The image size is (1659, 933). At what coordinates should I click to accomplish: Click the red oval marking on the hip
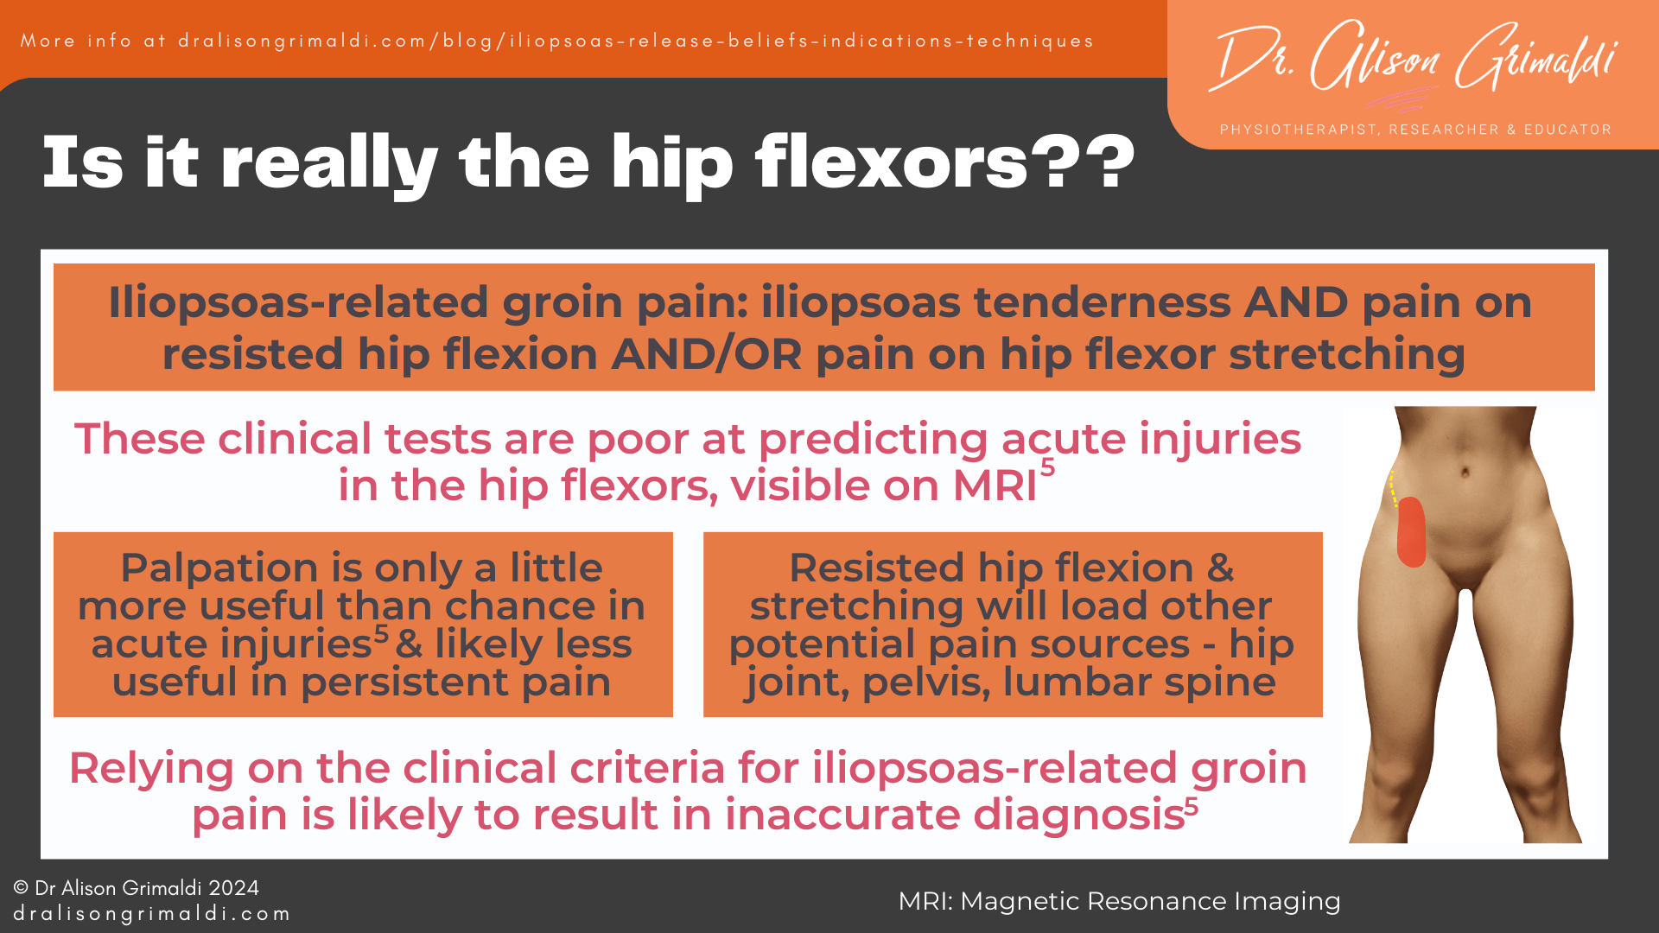(1411, 532)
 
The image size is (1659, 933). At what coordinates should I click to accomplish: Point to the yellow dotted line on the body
(1393, 488)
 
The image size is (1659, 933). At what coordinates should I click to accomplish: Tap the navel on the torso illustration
(1465, 472)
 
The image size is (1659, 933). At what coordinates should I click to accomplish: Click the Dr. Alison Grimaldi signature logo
(1415, 59)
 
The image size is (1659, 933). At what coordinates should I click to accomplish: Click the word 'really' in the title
(329, 162)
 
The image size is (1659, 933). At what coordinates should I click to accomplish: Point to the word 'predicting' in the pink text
(873, 439)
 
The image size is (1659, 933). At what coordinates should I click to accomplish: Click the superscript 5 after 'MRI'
(1047, 467)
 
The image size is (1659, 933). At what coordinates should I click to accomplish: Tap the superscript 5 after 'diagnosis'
(1192, 806)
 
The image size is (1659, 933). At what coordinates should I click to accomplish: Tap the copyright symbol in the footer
(21, 888)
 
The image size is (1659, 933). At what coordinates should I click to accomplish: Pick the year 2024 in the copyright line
(233, 888)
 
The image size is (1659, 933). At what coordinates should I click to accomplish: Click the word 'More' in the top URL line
(48, 41)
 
